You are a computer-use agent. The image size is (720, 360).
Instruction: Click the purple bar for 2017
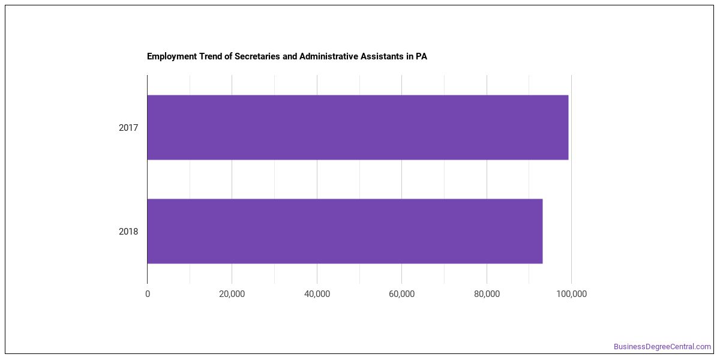tap(358, 127)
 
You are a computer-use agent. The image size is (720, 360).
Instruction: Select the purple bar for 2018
tap(345, 231)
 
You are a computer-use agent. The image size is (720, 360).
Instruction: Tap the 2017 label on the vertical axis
tap(128, 128)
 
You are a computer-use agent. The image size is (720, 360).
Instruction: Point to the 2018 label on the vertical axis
tap(128, 232)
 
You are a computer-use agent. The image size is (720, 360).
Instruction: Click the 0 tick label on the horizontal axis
tap(148, 294)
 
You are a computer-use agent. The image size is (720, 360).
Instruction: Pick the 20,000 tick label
tap(232, 294)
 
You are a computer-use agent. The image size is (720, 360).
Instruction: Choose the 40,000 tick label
tap(317, 294)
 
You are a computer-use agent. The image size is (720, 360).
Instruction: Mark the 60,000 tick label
tap(402, 294)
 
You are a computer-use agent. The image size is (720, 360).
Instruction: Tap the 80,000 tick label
tap(487, 294)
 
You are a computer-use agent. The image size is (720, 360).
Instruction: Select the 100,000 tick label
tap(571, 294)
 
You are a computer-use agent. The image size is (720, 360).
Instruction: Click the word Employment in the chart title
tap(172, 56)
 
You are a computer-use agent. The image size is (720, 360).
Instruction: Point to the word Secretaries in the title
tap(257, 56)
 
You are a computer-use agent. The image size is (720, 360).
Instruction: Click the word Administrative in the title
tap(329, 56)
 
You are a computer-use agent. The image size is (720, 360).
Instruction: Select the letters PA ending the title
tap(421, 56)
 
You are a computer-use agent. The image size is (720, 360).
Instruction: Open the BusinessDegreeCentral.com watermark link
tap(662, 347)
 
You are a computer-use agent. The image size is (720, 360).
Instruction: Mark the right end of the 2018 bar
tap(542, 231)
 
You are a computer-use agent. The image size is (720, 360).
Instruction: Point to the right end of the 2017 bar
tap(568, 127)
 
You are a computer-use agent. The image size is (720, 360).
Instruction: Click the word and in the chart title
tap(290, 56)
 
